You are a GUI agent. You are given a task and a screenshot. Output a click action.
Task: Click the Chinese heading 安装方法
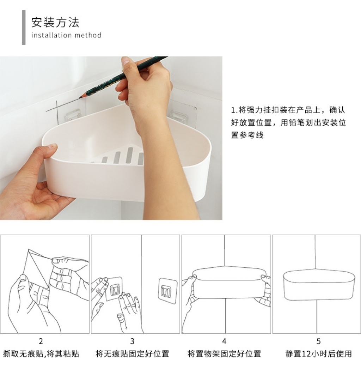(55, 22)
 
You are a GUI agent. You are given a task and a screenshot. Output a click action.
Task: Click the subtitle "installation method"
(66, 35)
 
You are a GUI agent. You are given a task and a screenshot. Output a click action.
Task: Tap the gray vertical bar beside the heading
(24, 27)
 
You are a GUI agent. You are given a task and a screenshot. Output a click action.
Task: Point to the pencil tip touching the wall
(80, 98)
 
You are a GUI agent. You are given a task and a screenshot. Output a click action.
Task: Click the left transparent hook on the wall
(73, 115)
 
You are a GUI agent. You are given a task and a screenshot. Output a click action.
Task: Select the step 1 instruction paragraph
(288, 122)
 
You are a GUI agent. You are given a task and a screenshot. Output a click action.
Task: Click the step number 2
(41, 341)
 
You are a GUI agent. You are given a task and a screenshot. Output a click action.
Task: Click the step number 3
(132, 341)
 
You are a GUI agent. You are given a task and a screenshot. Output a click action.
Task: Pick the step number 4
(224, 341)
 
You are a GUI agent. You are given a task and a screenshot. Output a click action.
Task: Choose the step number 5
(318, 341)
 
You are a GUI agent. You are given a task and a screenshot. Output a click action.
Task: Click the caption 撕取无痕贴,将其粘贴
(41, 353)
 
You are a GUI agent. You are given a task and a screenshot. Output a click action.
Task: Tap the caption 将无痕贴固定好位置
(132, 353)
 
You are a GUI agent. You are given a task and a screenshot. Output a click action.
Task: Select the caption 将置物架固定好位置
(224, 353)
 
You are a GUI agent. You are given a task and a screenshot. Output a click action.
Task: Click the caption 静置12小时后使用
(318, 353)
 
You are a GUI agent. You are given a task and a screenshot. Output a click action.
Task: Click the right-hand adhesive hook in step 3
(167, 291)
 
